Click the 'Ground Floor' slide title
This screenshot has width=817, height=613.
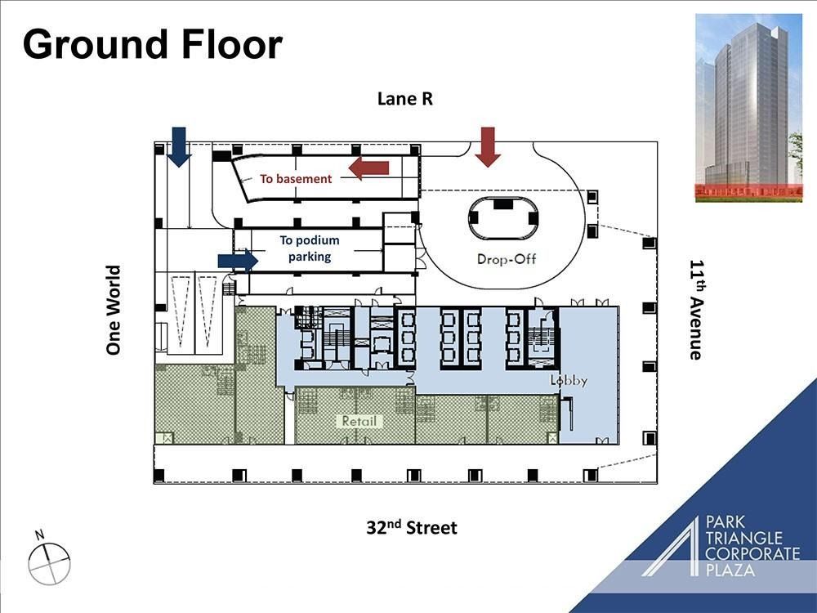(x=153, y=43)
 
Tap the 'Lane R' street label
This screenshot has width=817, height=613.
(x=404, y=99)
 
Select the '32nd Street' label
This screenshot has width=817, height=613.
(x=412, y=527)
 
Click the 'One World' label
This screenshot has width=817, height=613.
(x=114, y=310)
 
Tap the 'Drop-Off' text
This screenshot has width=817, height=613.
(x=506, y=260)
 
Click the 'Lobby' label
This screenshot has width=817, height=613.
(x=569, y=381)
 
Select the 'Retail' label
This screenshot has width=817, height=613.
(x=359, y=421)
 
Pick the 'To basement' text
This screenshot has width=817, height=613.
(x=296, y=178)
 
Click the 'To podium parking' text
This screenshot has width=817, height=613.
(x=309, y=248)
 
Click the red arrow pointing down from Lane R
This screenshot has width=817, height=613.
(x=488, y=146)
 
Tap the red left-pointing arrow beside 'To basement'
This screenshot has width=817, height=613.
(x=368, y=168)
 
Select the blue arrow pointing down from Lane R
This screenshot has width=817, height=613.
(x=178, y=146)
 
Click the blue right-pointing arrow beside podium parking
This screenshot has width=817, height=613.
(x=238, y=260)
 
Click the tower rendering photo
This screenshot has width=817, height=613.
(x=748, y=107)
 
